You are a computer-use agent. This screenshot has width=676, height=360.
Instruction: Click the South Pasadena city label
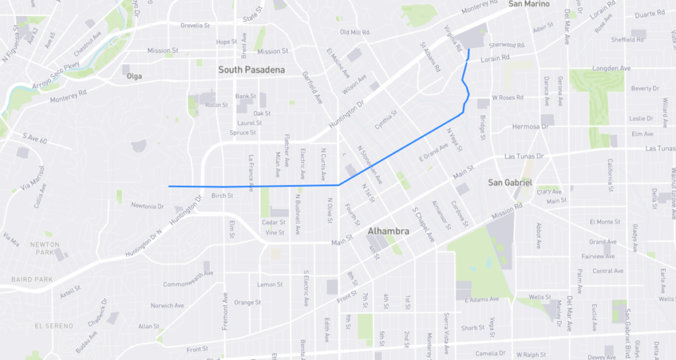(x=252, y=69)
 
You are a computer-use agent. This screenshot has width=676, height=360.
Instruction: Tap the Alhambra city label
(x=388, y=231)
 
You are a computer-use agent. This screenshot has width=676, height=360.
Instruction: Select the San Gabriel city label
(x=510, y=182)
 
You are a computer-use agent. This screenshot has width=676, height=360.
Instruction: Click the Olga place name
(x=134, y=77)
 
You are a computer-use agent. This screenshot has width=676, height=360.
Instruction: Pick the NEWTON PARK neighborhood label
(x=45, y=248)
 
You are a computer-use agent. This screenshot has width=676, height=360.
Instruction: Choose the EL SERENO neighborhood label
(x=57, y=326)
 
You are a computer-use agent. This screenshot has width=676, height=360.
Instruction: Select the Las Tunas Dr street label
(x=523, y=157)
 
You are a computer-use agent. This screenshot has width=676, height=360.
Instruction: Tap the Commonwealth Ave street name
(x=188, y=279)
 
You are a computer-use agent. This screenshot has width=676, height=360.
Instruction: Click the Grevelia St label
(x=199, y=26)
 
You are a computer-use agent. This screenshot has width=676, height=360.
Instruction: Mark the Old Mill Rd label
(x=355, y=32)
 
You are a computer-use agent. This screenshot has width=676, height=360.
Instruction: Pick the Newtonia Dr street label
(x=147, y=206)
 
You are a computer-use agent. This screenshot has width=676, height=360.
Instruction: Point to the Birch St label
(x=222, y=196)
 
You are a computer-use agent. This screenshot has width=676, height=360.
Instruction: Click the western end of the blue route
(x=170, y=186)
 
